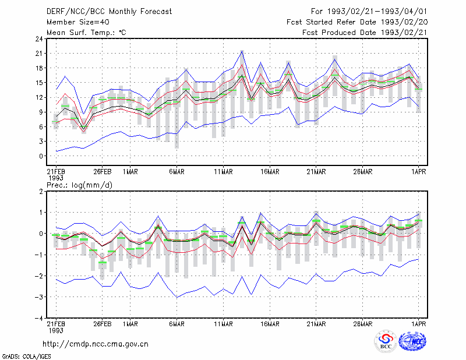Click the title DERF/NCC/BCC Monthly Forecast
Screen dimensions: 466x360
click(109, 12)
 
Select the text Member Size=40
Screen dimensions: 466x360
click(78, 22)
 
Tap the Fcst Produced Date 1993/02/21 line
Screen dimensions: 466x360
click(365, 33)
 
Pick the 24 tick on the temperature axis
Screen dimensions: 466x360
click(39, 39)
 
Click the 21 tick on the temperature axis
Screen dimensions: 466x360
click(39, 54)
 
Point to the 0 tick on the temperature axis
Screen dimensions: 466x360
click(41, 156)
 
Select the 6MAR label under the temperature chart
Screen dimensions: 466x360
click(177, 172)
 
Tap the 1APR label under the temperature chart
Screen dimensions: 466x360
click(418, 172)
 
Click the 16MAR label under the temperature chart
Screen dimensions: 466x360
click(270, 172)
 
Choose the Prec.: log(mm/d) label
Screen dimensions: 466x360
click(79, 185)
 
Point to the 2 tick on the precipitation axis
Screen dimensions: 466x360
click(41, 191)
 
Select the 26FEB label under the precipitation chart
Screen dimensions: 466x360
click(103, 324)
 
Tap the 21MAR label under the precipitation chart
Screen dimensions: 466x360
click(316, 324)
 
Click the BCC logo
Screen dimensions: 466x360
click(386, 341)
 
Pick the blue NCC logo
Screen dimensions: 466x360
click(413, 341)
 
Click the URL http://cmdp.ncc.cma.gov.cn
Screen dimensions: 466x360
click(96, 344)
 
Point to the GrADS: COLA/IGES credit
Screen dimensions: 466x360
click(26, 357)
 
